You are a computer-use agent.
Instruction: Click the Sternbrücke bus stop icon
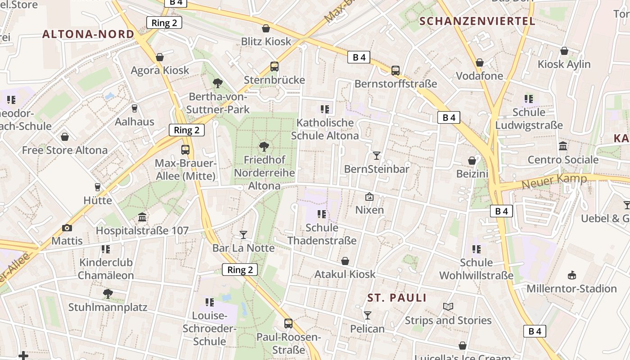coord(274,67)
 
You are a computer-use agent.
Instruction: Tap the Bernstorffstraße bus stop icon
coord(395,71)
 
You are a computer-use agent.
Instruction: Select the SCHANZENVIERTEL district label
coord(477,21)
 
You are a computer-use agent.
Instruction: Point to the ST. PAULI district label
coord(397,298)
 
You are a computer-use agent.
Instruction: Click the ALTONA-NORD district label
coord(88,34)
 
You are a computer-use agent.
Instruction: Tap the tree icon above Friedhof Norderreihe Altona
coord(264,146)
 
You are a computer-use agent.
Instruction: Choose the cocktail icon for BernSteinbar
coord(377,156)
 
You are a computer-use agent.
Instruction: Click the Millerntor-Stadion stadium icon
coord(571,275)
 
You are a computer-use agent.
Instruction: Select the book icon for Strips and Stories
coord(448,307)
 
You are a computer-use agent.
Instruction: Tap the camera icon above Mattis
coord(67,228)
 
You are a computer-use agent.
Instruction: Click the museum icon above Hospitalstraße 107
coord(142,217)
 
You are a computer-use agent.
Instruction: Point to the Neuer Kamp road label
coord(554,181)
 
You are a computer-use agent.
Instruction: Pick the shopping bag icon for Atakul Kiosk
coord(345,261)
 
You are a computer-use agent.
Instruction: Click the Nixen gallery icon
coord(369,197)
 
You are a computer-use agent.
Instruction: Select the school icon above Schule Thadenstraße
coord(322,214)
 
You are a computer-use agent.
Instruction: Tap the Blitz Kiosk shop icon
coord(266,28)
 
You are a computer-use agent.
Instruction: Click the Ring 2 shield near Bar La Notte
coord(240,270)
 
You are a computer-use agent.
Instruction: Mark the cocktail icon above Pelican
coord(368,315)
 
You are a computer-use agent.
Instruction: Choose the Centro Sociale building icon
coord(563,146)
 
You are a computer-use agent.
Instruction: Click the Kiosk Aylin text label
coord(564,64)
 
